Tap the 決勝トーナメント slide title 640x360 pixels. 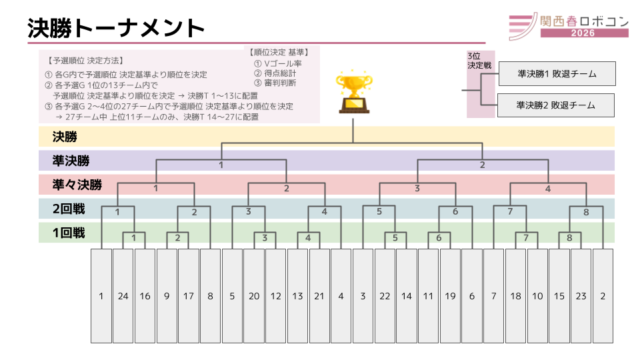click(x=116, y=28)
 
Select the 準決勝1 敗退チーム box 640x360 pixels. click(x=556, y=73)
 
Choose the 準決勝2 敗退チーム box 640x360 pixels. click(x=556, y=105)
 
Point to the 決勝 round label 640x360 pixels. click(x=65, y=137)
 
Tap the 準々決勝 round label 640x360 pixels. click(x=77, y=185)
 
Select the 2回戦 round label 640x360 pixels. click(x=69, y=209)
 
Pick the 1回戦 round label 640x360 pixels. click(x=69, y=233)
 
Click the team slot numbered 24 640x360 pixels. click(x=123, y=295)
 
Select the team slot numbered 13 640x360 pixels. click(x=297, y=295)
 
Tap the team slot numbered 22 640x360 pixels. click(x=385, y=295)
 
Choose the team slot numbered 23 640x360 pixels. click(x=581, y=295)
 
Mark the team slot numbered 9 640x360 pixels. click(x=167, y=295)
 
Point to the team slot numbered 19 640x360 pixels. click(x=450, y=295)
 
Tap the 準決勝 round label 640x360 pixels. click(x=70, y=161)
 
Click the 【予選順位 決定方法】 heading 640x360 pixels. click(x=85, y=60)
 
